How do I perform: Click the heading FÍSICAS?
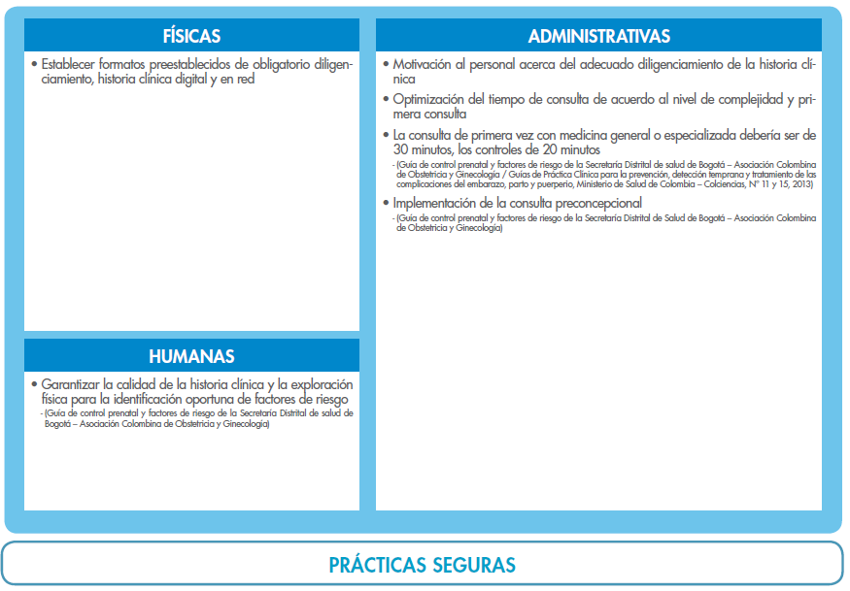[x=191, y=37]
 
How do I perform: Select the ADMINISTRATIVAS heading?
[x=598, y=37]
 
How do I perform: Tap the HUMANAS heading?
[x=191, y=356]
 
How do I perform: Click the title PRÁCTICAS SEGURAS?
[x=423, y=565]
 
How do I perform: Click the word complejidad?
[x=731, y=99]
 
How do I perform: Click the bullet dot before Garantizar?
[x=34, y=384]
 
